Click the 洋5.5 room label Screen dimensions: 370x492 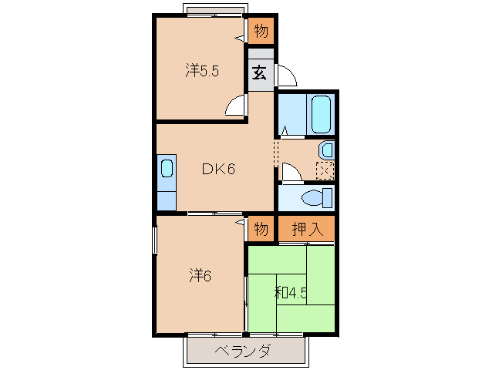tap(203, 71)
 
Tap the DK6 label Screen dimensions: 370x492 tap(218, 170)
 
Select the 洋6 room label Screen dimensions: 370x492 tap(199, 275)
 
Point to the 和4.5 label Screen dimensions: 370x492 tap(291, 293)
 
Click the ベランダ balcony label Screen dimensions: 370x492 tap(242, 351)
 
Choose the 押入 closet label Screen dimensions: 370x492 tap(306, 229)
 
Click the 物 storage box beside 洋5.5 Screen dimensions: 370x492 tap(261, 32)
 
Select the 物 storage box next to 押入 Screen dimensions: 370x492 tap(261, 229)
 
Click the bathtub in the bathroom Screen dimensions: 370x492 tap(319, 114)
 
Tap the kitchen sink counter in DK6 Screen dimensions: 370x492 tap(166, 183)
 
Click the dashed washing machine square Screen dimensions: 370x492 tap(325, 170)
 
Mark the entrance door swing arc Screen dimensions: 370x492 tap(285, 75)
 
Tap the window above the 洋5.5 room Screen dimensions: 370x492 tap(215, 11)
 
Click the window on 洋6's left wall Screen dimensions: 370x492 tap(155, 240)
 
